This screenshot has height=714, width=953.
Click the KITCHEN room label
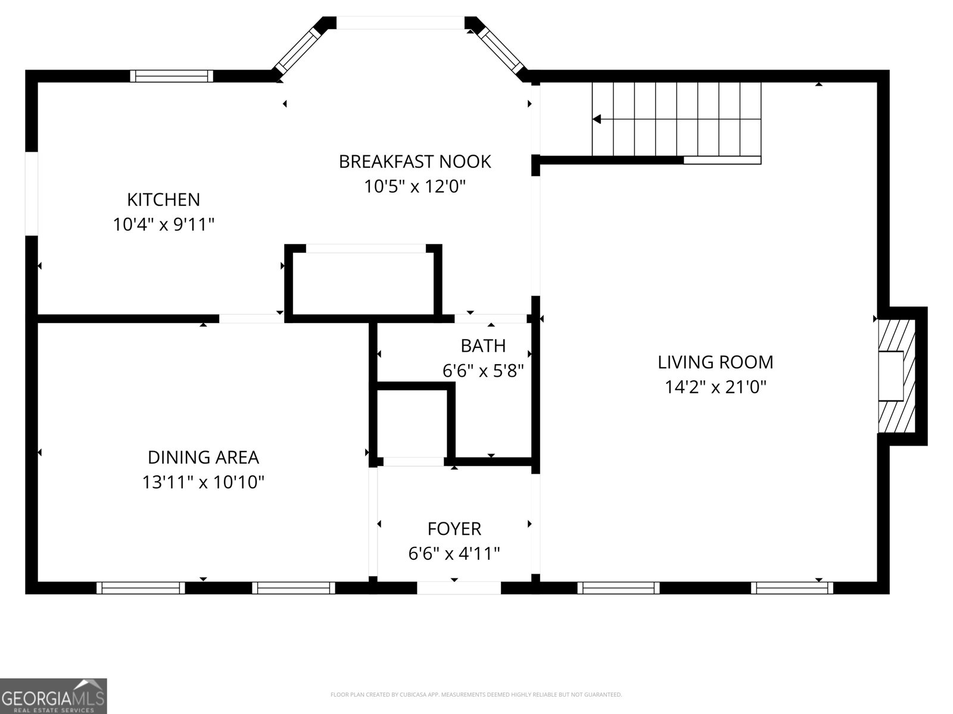163,199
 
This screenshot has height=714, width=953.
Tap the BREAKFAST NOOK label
415,161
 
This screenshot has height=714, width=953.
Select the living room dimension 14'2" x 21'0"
715,387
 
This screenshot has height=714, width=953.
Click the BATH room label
483,346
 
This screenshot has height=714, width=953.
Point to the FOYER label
454,528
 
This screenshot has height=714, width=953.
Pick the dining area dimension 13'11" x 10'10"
203,482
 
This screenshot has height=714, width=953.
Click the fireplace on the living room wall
896,376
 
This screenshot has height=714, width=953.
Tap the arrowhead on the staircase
597,120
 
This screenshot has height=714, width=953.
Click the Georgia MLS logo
54,696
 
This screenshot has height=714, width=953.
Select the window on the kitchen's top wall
172,76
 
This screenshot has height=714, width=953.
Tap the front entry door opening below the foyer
459,588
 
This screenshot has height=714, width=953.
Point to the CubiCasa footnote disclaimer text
476,694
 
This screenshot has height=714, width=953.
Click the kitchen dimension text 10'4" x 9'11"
163,225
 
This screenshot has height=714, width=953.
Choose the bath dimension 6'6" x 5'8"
483,371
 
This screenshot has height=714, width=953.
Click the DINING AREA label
203,457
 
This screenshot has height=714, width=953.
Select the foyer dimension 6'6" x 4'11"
454,554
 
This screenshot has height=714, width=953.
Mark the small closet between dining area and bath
412,424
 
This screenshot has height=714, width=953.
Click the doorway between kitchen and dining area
251,319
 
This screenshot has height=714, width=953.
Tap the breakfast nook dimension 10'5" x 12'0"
415,187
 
